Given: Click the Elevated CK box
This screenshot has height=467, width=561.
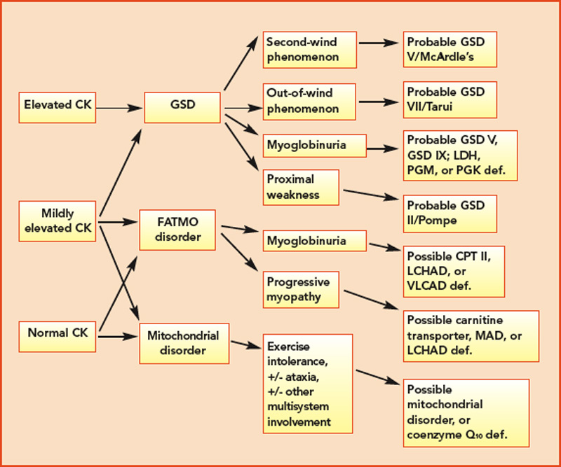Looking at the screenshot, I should coord(55,108).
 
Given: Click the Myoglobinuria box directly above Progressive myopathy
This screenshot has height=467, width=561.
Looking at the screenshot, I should coord(314,242).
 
